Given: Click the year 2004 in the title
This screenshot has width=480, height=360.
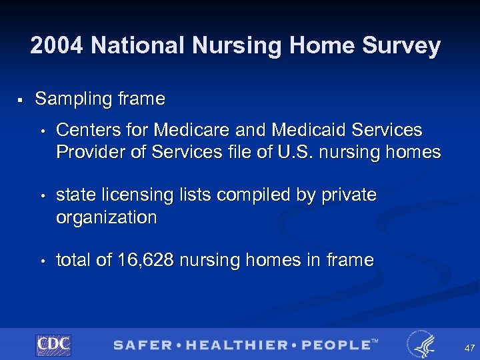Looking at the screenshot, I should pos(57,46).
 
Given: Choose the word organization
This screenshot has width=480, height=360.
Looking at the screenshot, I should pos(107,217).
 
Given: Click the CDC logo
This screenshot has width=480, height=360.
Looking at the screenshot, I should pos(53,345).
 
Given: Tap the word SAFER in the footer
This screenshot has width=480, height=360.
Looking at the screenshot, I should pos(141,345).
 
